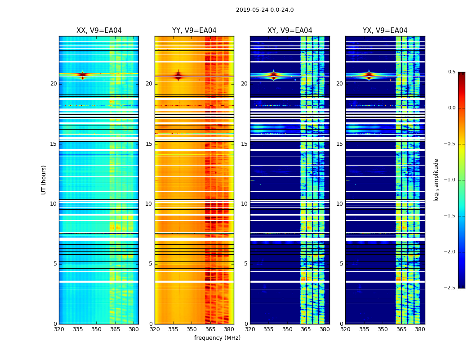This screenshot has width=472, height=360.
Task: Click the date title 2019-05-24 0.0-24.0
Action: click(x=265, y=10)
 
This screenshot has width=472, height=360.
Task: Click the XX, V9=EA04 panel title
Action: click(x=99, y=31)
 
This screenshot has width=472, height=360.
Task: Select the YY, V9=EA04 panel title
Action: click(x=194, y=31)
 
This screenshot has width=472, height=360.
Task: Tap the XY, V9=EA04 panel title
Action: click(x=289, y=31)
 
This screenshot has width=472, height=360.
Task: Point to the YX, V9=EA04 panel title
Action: click(x=385, y=31)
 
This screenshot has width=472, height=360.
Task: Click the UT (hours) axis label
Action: click(x=44, y=180)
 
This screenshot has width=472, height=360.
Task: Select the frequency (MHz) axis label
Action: click(x=217, y=338)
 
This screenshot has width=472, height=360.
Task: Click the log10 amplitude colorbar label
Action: click(x=436, y=180)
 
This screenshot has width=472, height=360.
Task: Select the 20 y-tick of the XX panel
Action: click(x=53, y=84)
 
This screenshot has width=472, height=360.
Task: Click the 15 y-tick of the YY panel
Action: click(x=149, y=144)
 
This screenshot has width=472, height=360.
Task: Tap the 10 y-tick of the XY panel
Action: click(x=244, y=204)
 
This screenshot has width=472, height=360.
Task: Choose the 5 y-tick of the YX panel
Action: click(x=341, y=264)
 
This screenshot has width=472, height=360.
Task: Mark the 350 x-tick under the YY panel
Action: click(x=192, y=329)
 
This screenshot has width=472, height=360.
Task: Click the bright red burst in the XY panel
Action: click(x=274, y=75)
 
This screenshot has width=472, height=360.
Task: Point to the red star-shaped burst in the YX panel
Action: click(x=369, y=75)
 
